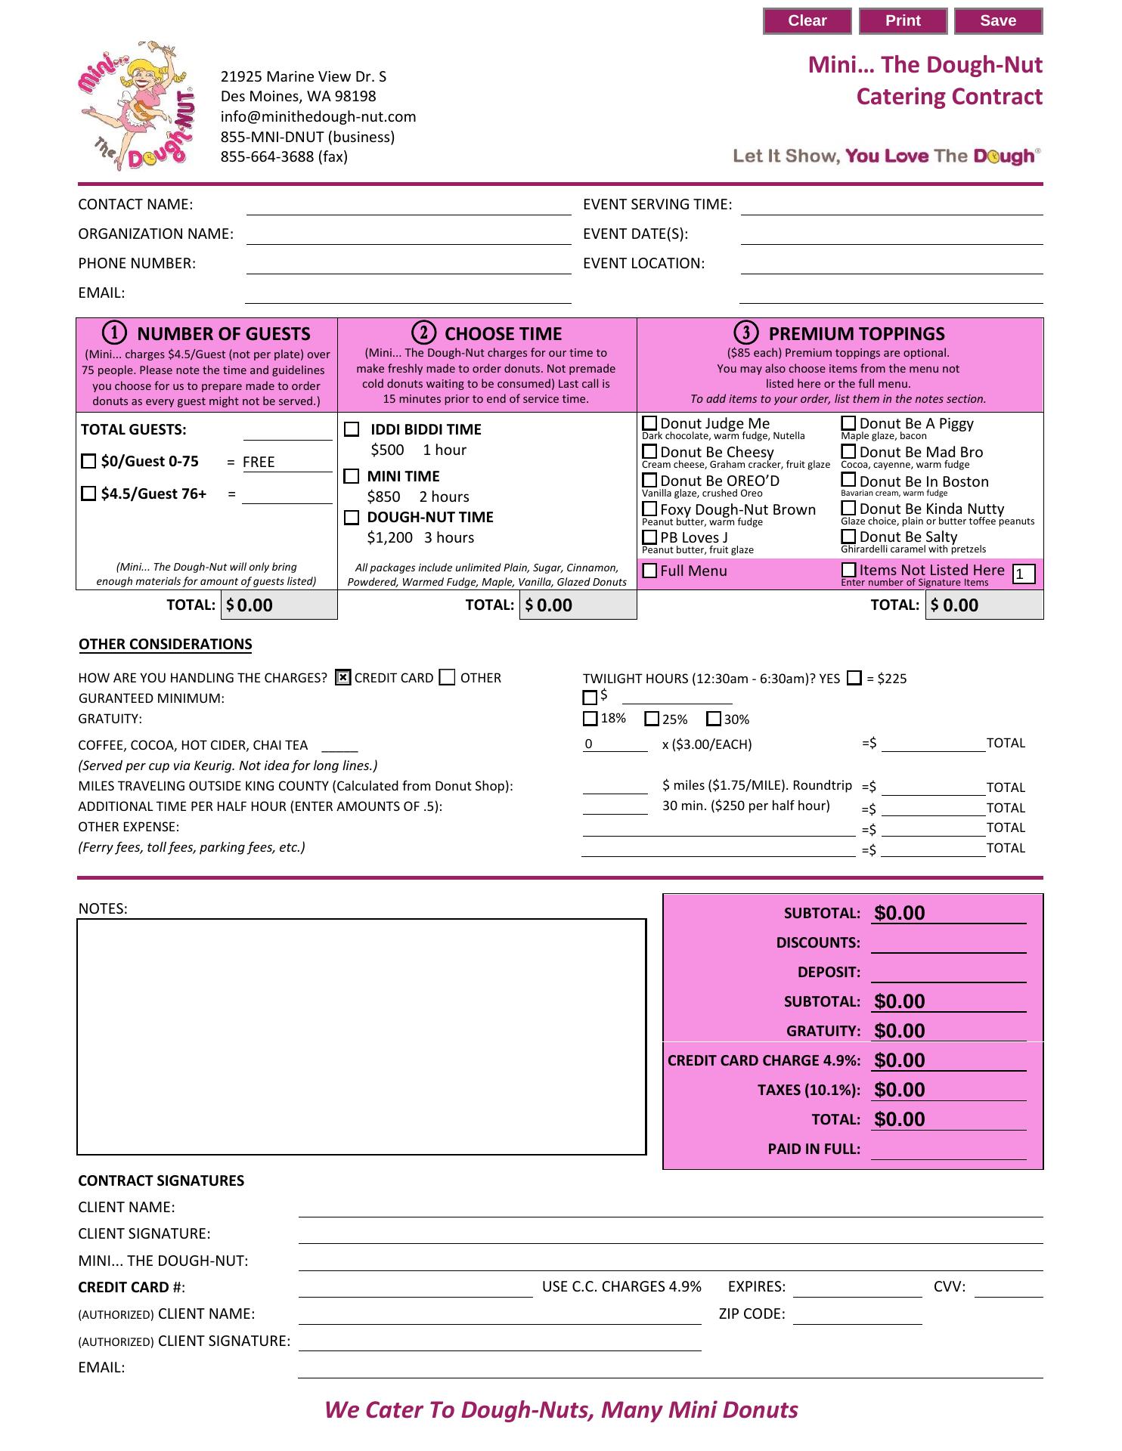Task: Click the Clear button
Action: pos(807,21)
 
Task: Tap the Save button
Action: pos(998,21)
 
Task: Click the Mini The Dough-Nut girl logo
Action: pos(136,106)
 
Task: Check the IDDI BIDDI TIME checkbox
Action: pos(352,429)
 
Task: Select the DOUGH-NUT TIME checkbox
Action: pos(352,518)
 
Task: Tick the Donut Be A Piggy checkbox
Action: pos(848,423)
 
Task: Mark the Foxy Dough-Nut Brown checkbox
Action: pos(649,509)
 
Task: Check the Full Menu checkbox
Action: pos(649,571)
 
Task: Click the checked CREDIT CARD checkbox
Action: pos(342,678)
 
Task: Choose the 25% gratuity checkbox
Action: pos(652,719)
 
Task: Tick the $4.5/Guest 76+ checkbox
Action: pos(88,493)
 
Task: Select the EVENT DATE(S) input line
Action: pos(891,236)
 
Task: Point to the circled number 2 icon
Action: pos(423,333)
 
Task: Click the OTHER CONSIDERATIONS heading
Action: pos(166,645)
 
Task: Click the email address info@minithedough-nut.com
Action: pos(318,116)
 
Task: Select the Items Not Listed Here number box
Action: pos(1023,574)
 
